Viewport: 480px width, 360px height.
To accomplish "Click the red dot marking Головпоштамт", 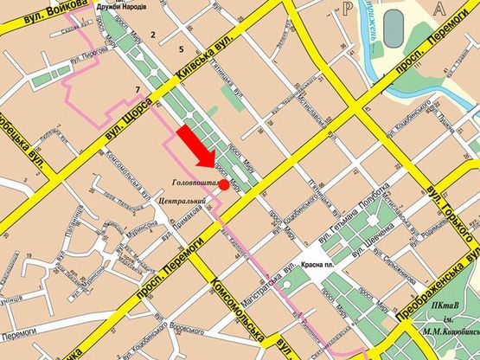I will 223,185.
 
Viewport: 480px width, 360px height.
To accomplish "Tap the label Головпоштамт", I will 194,183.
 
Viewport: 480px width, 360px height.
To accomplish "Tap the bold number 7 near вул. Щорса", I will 137,90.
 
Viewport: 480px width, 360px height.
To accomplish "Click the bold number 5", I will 181,48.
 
